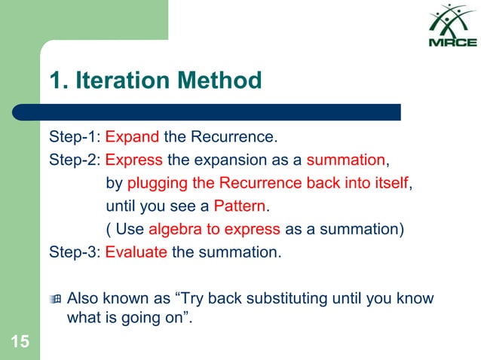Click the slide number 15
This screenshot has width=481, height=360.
pos(20,343)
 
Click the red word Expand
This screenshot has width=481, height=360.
pos(132,138)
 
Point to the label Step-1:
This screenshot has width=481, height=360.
pos(75,138)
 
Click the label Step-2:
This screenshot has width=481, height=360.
pos(75,160)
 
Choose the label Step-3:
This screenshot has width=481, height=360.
pos(75,252)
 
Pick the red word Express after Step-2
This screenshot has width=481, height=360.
pos(134,160)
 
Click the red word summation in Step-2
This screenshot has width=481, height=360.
pos(346,160)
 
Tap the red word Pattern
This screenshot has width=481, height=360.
pos(240,206)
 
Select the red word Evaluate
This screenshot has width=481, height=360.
pos(136,252)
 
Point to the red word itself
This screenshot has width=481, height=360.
pos(391,183)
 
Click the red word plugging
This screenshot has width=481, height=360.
pos(155,183)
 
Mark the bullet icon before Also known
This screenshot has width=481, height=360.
pos(55,299)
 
